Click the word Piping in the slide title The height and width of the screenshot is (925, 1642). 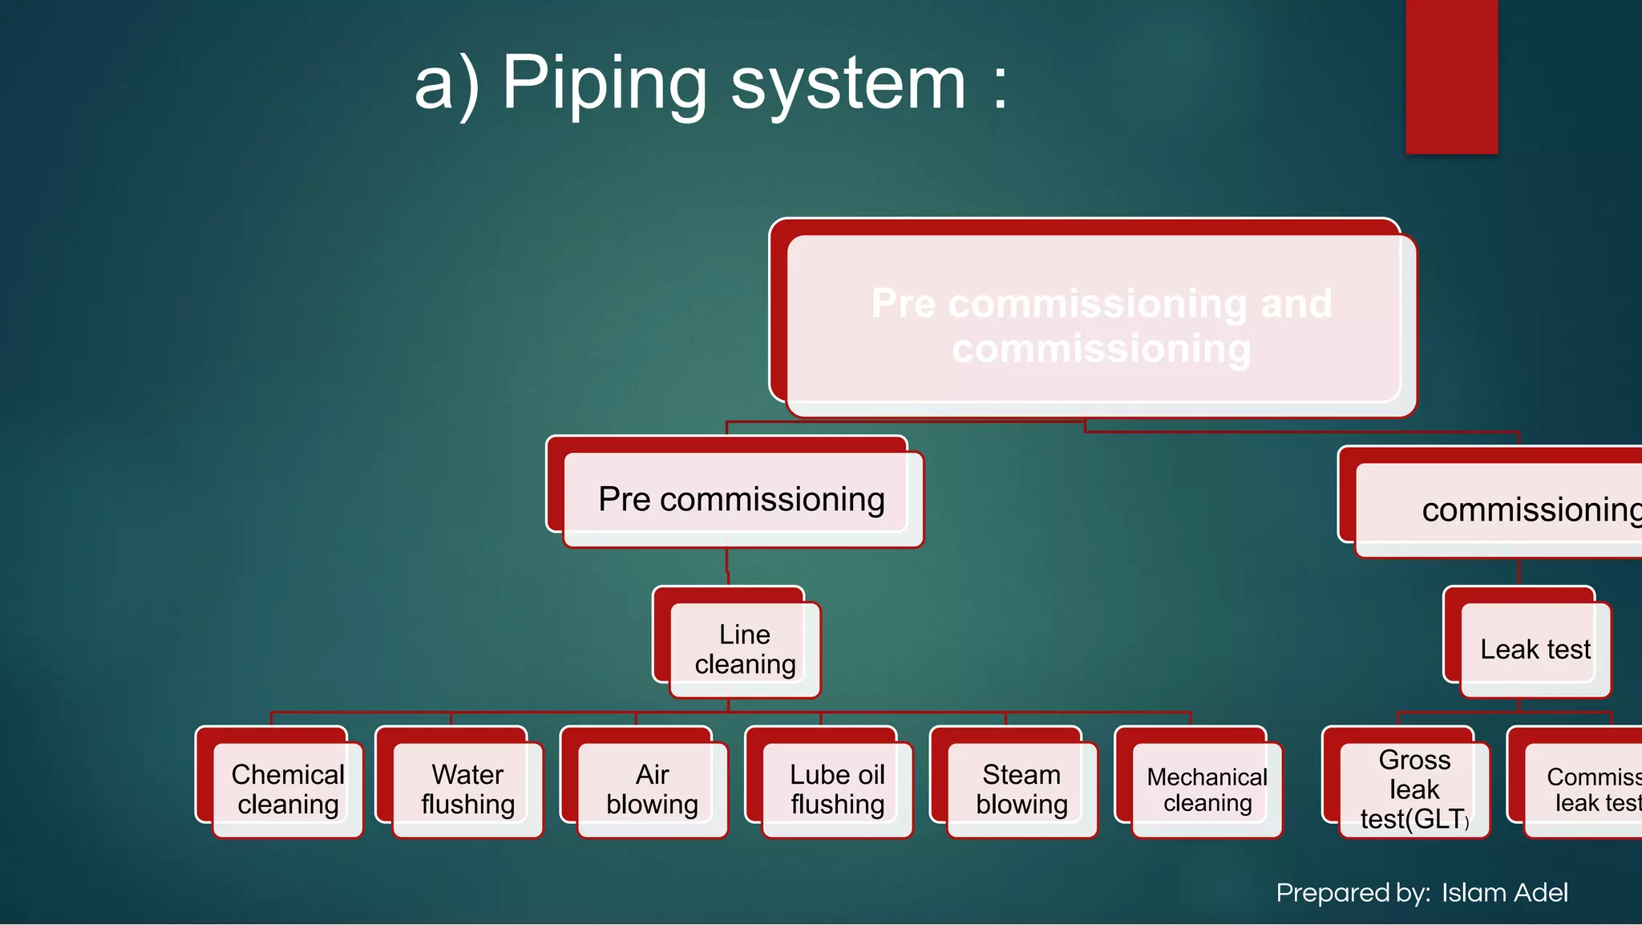click(x=604, y=84)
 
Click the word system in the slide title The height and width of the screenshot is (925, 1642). click(x=847, y=84)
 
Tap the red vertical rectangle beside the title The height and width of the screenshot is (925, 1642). click(x=1451, y=76)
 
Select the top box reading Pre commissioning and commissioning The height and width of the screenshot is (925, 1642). click(x=1101, y=325)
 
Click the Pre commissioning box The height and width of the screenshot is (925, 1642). click(x=742, y=499)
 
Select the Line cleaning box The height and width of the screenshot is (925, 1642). click(x=745, y=649)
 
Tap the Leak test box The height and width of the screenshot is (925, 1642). click(x=1535, y=649)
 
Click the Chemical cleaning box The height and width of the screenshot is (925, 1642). click(x=288, y=789)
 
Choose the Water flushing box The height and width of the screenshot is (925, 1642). click(x=467, y=789)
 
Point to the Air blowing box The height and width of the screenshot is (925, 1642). click(x=652, y=789)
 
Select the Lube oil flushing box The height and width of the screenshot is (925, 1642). click(x=837, y=789)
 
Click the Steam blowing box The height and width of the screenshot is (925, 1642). click(x=1021, y=789)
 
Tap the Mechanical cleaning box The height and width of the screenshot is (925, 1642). click(x=1207, y=789)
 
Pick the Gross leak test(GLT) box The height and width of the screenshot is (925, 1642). click(x=1413, y=789)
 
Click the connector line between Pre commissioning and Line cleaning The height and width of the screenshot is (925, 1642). click(x=727, y=566)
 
